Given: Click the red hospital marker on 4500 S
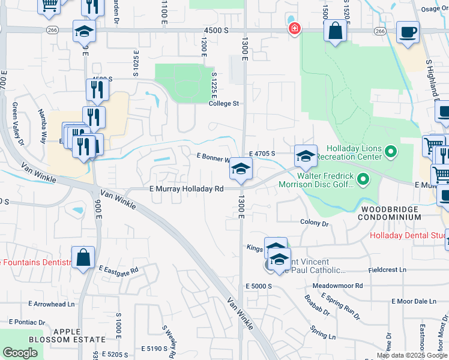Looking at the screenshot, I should point(294,29).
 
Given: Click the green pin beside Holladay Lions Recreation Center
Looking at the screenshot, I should point(391,151).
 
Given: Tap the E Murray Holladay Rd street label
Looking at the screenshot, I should point(186,188).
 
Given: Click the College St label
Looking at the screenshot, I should point(224,103).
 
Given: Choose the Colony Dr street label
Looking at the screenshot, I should point(315,223).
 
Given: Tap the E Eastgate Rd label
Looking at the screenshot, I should point(119,269).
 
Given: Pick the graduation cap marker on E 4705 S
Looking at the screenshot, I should point(306,157).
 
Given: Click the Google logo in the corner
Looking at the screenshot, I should point(20,353).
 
